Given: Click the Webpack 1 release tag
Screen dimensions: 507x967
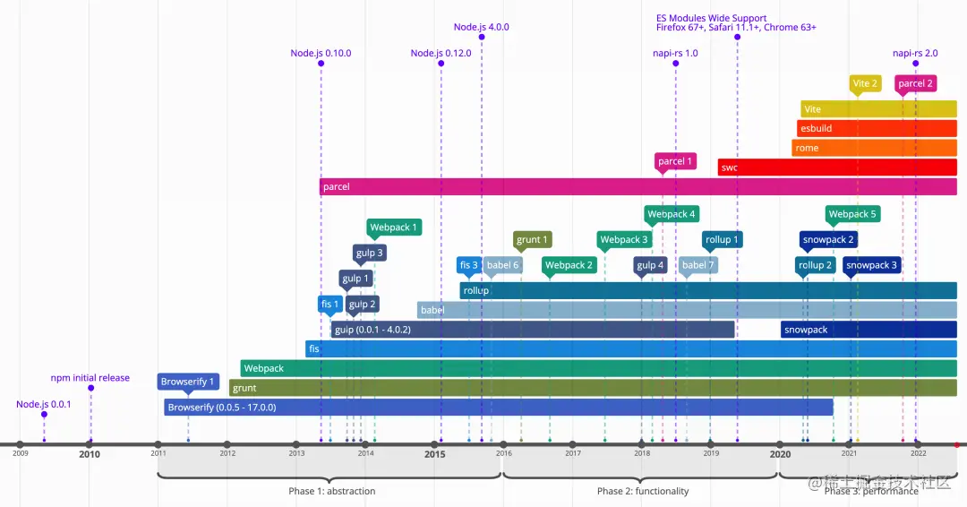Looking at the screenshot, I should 394,228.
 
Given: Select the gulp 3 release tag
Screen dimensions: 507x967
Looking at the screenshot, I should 369,253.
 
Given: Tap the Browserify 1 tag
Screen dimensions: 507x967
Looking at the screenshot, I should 187,382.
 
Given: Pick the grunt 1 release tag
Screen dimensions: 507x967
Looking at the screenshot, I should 532,239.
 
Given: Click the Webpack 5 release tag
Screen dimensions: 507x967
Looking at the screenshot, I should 852,214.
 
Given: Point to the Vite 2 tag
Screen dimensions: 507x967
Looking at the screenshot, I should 865,83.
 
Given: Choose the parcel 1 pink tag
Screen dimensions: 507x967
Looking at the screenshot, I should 675,161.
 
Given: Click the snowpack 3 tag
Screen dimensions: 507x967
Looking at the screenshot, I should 871,265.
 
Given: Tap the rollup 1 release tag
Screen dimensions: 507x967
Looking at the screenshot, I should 722,239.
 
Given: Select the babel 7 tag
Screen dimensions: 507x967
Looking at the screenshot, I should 697,265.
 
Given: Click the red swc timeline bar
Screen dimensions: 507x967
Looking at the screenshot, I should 837,168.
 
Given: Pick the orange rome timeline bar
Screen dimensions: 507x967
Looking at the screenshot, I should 874,148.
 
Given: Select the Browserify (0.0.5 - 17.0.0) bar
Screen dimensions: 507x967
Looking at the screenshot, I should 499,408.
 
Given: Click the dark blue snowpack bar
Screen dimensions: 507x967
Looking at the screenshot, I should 869,330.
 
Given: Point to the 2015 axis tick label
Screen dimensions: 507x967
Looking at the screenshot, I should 434,454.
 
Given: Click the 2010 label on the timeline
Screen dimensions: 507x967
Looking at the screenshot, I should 90,454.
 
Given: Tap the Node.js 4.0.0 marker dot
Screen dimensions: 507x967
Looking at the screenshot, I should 482,38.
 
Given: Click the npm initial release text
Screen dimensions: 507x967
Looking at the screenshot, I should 90,378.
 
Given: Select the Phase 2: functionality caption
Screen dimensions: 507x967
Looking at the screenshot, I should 643,491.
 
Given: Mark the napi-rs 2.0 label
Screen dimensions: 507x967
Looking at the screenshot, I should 915,53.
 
